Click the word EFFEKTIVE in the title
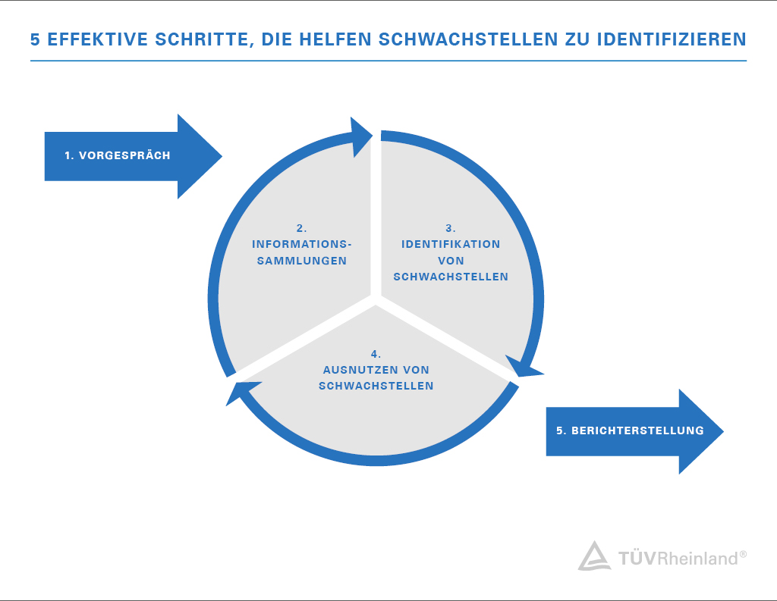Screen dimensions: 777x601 click(x=97, y=39)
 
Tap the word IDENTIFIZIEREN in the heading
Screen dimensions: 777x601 click(x=672, y=39)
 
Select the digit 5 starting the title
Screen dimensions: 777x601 click(x=35, y=39)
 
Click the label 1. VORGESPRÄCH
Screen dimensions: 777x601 click(x=118, y=155)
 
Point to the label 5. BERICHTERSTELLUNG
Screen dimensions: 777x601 click(x=630, y=430)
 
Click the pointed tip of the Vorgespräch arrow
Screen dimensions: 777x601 click(x=222, y=156)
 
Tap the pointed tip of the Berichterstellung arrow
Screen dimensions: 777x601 click(x=723, y=431)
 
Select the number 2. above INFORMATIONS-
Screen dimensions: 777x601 click(x=302, y=228)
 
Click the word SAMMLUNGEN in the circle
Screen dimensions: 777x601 click(x=302, y=261)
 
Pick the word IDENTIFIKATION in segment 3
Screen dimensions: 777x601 click(x=451, y=244)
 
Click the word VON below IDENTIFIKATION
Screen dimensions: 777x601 click(x=451, y=261)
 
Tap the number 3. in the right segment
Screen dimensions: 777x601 click(x=451, y=228)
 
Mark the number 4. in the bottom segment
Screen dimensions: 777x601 click(x=376, y=354)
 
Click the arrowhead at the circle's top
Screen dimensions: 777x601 click(x=360, y=137)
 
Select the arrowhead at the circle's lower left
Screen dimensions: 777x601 click(x=239, y=393)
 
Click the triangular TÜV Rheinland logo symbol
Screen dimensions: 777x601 click(x=594, y=556)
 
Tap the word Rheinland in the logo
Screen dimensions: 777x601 click(x=698, y=559)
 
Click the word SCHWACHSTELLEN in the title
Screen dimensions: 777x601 click(x=468, y=39)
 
